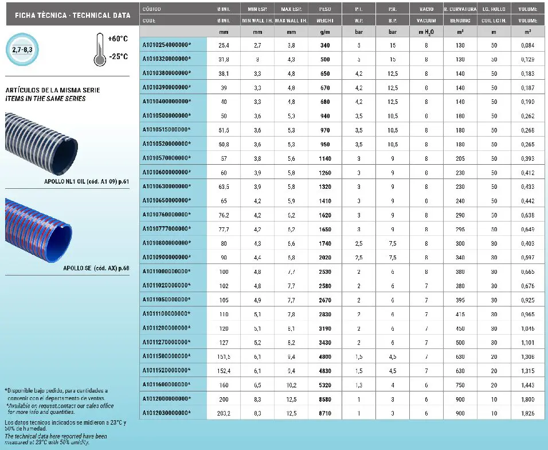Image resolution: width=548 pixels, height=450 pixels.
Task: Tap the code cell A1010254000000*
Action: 166,45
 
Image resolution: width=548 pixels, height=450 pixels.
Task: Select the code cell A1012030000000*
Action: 166,413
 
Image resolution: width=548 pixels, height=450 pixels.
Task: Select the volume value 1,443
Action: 527,384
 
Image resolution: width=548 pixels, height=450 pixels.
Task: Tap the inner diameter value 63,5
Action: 224,186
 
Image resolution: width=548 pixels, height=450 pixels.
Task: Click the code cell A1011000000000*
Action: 166,271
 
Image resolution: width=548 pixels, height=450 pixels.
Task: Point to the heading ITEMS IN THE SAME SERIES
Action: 45,99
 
